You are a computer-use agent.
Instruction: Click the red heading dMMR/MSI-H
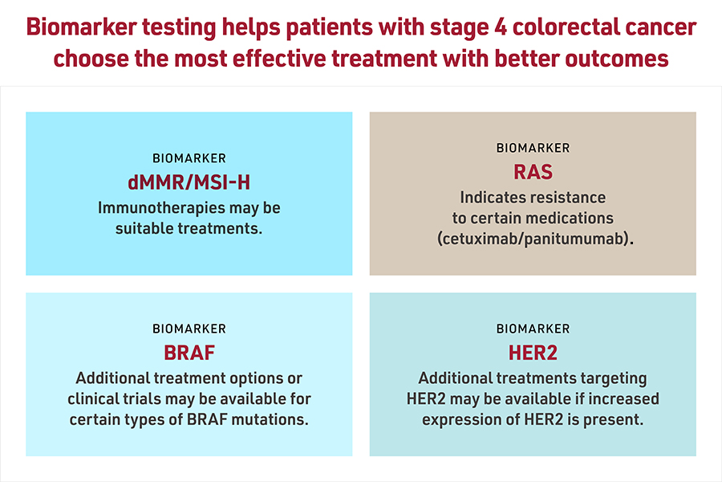[189, 182]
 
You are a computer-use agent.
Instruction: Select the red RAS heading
[533, 172]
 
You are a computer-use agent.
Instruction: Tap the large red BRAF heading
[189, 353]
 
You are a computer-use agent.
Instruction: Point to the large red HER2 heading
[533, 353]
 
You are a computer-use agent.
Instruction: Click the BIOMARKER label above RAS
[533, 148]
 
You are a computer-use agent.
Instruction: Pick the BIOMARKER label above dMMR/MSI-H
[189, 158]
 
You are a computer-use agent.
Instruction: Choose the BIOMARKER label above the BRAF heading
[189, 329]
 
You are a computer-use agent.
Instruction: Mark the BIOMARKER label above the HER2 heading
[533, 329]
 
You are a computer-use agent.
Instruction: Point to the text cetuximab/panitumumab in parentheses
[535, 239]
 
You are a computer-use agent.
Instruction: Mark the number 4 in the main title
[500, 27]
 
